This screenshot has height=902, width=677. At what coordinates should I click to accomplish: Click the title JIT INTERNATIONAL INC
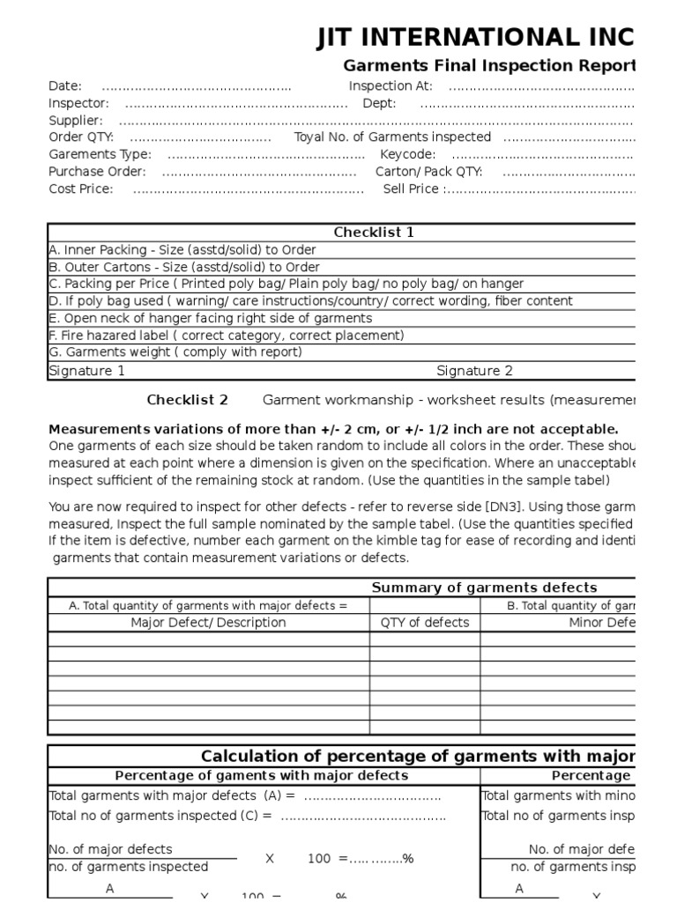475,38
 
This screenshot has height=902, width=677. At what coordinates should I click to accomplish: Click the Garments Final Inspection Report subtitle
488,66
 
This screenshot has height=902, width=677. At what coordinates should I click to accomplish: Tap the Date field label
65,85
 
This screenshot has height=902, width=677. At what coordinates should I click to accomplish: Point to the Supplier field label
75,120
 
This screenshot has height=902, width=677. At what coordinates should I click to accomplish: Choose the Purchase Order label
97,172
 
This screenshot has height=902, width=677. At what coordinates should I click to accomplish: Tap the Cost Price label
80,189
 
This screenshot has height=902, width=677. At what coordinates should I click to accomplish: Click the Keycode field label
407,154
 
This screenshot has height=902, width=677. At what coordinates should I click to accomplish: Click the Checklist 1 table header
374,233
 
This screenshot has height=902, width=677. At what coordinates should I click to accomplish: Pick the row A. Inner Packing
182,250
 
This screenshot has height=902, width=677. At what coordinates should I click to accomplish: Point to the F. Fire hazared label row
227,336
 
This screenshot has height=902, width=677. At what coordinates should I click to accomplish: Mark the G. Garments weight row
175,352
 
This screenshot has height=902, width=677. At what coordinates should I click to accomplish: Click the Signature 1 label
87,371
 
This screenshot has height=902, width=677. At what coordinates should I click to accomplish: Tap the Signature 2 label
474,371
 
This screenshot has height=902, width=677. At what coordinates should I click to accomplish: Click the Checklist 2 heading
187,400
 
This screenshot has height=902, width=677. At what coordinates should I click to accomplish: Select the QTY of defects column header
425,622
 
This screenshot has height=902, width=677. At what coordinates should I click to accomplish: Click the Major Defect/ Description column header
208,622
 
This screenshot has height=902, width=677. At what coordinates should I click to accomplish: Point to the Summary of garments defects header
484,588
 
